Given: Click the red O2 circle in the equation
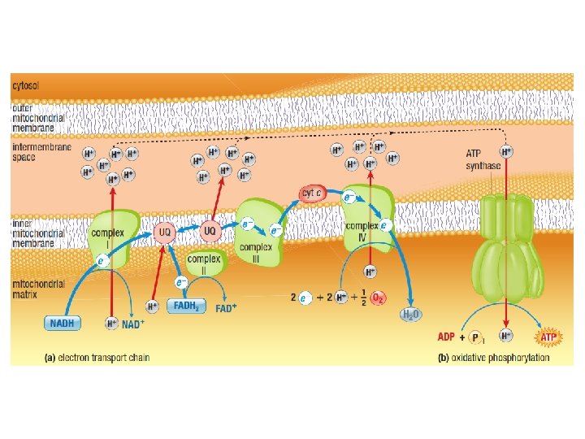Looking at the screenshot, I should tap(378, 298).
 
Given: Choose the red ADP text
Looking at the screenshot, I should tap(446, 336).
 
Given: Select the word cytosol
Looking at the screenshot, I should tap(27, 84).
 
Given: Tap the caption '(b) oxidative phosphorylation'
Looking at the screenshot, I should tap(493, 358).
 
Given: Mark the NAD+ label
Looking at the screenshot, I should tap(133, 323).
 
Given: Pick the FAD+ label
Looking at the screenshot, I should tap(227, 306).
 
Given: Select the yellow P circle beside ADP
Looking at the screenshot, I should tap(475, 337).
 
